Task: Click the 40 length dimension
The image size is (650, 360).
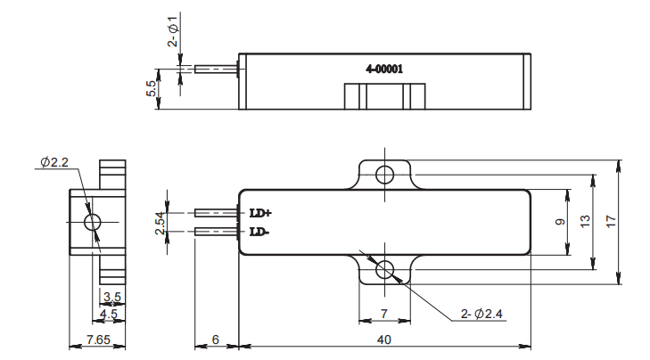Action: tap(385, 340)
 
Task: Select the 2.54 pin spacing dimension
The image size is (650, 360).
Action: tap(160, 222)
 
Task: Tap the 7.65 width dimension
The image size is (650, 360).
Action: tap(97, 340)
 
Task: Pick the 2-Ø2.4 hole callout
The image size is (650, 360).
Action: tap(482, 314)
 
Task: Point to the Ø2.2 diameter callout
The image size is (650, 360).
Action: tap(55, 163)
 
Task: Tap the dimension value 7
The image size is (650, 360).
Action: tap(385, 315)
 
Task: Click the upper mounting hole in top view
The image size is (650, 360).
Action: tap(385, 174)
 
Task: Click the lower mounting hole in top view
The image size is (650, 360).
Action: tap(385, 270)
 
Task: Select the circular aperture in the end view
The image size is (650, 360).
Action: tap(92, 222)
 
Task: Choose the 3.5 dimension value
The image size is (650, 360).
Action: tap(111, 295)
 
